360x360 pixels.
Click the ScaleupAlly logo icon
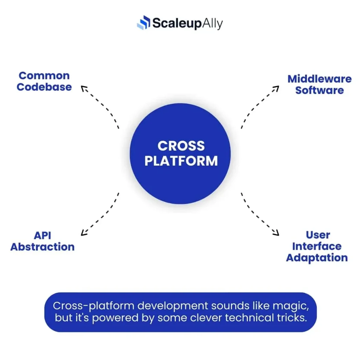143,23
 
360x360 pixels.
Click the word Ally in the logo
212,24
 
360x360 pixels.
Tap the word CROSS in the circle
181,146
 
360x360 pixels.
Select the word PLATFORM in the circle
181,161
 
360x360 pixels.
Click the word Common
44,76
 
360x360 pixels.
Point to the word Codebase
44,87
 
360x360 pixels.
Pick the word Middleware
319,79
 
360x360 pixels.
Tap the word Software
319,90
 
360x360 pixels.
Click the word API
43,235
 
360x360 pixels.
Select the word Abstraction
43,247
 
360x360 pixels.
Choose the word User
318,235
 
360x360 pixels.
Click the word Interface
317,246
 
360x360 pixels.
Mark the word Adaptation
317,257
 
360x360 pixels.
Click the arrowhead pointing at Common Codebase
84,88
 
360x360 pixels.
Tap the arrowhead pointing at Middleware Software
276,88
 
